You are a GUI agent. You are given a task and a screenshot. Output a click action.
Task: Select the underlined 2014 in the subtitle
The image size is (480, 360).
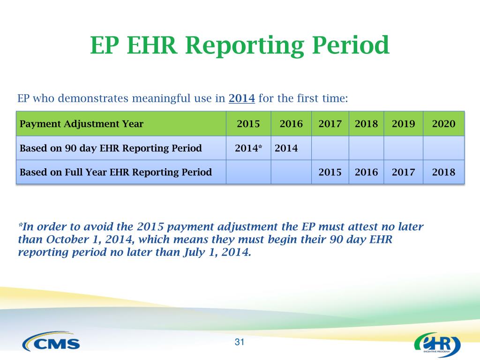(242, 98)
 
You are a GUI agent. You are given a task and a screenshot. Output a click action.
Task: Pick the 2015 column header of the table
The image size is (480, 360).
(248, 124)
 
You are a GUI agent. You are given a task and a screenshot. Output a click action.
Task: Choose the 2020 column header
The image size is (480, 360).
(443, 124)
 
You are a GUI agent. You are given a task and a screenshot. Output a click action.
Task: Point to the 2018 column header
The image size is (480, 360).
(367, 124)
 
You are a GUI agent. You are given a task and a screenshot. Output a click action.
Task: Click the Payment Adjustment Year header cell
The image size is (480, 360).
(121, 124)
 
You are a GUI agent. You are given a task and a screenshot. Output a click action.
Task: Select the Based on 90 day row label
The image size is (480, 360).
(111, 148)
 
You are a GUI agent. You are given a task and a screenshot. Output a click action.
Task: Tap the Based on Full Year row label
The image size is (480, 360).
(116, 172)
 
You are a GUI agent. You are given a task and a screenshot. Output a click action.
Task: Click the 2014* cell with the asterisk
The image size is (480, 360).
(248, 148)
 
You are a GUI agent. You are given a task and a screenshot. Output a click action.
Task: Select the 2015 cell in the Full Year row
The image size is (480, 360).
(330, 172)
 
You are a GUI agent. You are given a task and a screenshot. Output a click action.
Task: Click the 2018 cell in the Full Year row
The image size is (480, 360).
(443, 172)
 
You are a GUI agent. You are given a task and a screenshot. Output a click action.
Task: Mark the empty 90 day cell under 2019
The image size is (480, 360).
(404, 148)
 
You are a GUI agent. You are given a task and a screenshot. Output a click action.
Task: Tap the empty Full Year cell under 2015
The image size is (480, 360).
(248, 172)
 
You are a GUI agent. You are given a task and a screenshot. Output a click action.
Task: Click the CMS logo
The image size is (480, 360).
(51, 341)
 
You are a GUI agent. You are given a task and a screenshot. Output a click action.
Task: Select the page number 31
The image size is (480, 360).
(240, 342)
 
